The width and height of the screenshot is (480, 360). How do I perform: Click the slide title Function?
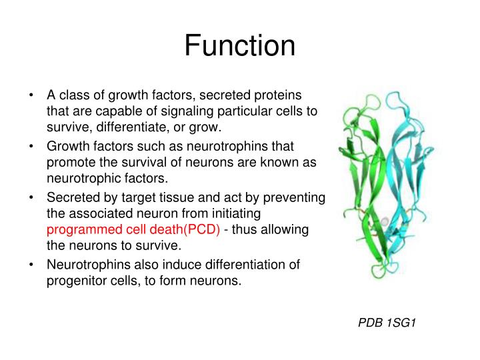click(240, 46)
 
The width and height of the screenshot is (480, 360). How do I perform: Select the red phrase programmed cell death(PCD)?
click(133, 230)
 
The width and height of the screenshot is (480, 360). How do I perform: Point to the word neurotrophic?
click(79, 179)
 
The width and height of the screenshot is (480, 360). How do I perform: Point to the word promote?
click(69, 162)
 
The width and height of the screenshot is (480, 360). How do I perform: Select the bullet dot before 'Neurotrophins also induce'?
click(31, 265)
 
